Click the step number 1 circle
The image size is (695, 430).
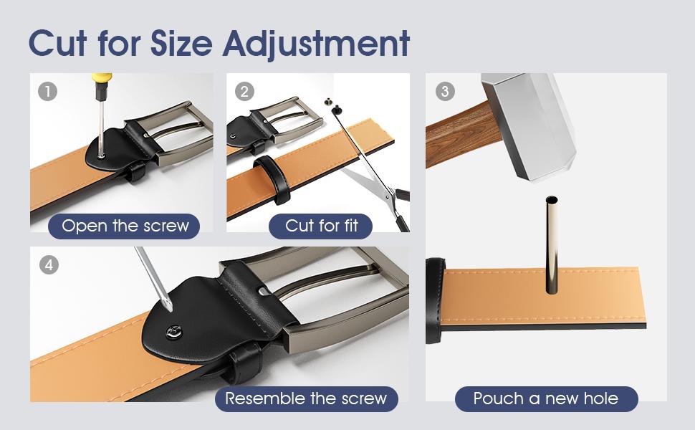tap(47, 92)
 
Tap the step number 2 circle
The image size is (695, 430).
tap(244, 92)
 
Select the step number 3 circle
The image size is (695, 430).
tap(445, 92)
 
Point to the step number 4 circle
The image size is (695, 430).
tap(49, 265)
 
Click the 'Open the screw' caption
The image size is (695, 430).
tap(125, 226)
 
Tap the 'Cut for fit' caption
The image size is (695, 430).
tap(321, 226)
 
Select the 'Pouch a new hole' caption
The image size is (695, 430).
tap(546, 398)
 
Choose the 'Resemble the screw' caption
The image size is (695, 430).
tap(306, 398)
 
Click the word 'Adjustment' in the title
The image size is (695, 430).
tap(316, 44)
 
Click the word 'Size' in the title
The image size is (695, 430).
tap(182, 43)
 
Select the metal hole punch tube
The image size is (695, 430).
tap(552, 244)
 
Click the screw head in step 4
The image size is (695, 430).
tap(173, 332)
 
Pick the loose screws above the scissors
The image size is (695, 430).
tap(332, 105)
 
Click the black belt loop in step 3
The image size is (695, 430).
tap(434, 301)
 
